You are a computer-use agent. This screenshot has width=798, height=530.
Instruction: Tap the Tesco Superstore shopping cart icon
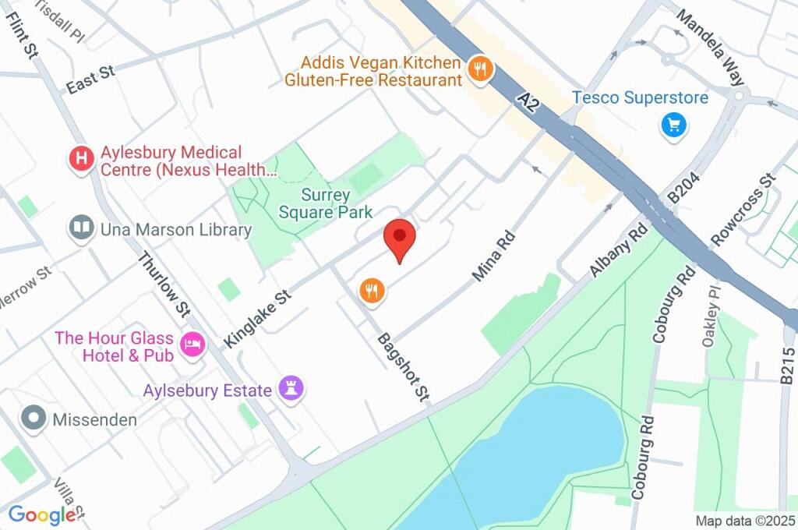tap(673, 124)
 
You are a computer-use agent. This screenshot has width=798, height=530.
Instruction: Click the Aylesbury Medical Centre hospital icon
tap(81, 161)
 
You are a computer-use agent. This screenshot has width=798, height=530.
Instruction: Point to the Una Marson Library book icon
tap(81, 229)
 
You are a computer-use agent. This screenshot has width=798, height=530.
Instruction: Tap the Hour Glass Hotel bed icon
tap(192, 344)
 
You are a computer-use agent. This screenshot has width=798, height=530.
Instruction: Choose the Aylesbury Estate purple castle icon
tap(293, 390)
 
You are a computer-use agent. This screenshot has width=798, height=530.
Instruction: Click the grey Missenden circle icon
tap(34, 419)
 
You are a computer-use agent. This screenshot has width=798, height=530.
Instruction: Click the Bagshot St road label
tap(404, 368)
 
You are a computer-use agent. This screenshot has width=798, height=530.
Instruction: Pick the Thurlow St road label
tap(164, 284)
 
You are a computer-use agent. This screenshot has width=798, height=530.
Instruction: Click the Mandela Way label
tap(710, 47)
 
